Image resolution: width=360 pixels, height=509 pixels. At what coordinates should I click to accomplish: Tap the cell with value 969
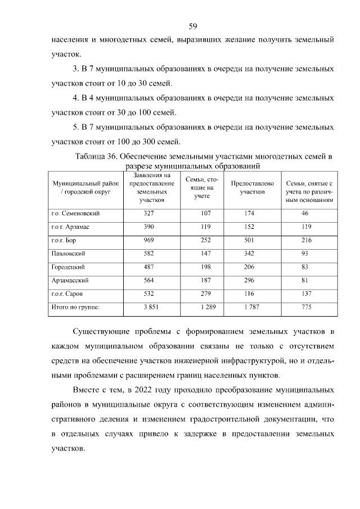pyautogui.click(x=148, y=240)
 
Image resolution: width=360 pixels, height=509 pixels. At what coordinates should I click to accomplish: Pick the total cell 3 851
pyautogui.click(x=148, y=307)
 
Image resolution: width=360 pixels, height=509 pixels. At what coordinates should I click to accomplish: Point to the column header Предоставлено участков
pyautogui.click(x=252, y=187)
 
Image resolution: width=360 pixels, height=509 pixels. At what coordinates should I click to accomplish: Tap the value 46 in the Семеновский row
pyautogui.click(x=305, y=214)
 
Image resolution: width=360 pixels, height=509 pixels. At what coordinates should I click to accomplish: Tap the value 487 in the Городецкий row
pyautogui.click(x=148, y=267)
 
